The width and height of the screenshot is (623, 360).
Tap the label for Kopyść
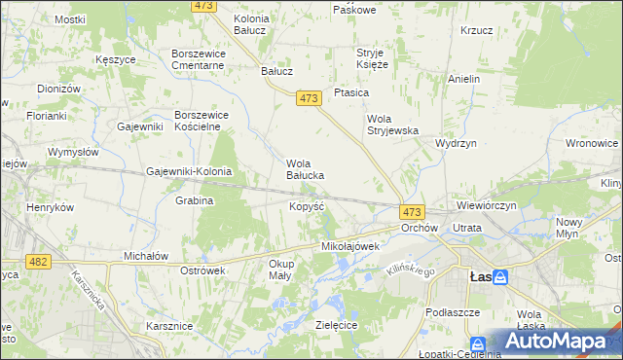[x=307, y=207]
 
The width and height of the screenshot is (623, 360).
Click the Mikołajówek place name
[x=349, y=247]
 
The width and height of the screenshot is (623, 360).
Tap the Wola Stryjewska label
[x=391, y=125]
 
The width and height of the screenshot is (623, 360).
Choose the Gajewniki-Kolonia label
[x=189, y=172]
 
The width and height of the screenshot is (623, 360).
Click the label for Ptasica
[x=350, y=92]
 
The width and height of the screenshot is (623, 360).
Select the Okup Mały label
[x=281, y=270]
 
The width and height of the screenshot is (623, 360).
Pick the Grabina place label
[x=194, y=200]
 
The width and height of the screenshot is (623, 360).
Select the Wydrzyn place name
[x=456, y=142]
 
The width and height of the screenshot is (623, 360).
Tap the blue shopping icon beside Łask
[x=500, y=277]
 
